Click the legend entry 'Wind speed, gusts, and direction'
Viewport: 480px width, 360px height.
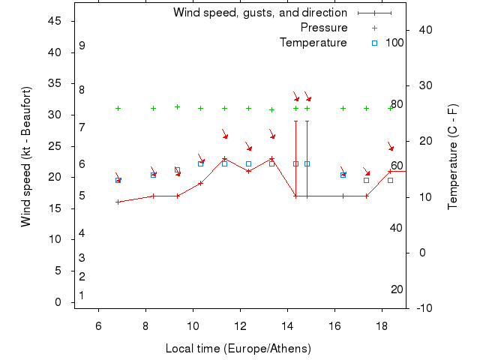click(259, 13)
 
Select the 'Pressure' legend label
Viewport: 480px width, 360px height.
click(324, 28)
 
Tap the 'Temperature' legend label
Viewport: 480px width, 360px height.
click(313, 43)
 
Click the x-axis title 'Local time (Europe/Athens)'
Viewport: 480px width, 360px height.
click(238, 349)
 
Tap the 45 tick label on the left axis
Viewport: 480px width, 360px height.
click(55, 21)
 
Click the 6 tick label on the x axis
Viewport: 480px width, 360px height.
click(98, 325)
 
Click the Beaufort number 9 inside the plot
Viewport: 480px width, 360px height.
click(82, 46)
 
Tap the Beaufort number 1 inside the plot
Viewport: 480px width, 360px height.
click(82, 295)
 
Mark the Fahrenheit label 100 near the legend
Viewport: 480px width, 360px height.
click(394, 43)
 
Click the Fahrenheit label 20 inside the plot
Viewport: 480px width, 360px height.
click(397, 289)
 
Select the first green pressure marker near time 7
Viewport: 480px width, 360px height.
click(118, 108)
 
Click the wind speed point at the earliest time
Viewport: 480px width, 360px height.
click(118, 202)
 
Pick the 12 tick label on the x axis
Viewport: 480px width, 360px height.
click(240, 325)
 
